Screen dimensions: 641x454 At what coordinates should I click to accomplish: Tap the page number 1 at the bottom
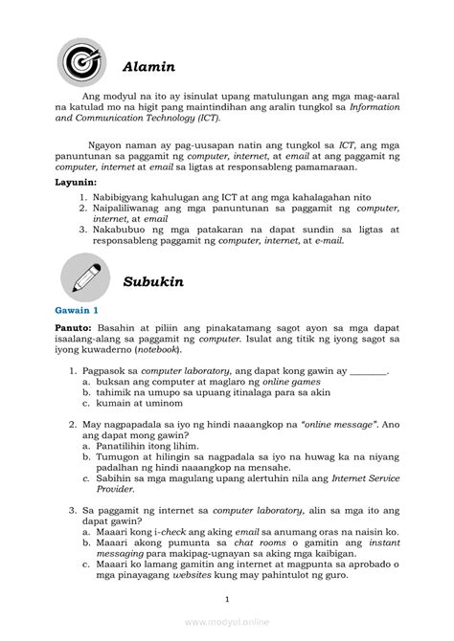[x=227, y=600]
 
